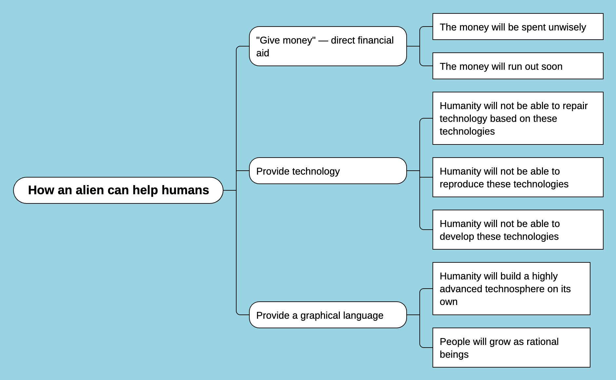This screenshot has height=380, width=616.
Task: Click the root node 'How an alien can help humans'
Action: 118,190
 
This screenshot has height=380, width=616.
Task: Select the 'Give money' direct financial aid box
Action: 328,46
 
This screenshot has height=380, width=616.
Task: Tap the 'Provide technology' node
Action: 328,171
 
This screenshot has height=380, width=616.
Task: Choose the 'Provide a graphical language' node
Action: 328,315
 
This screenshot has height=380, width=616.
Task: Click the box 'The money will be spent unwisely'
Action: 518,27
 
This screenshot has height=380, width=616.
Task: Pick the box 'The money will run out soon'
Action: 518,66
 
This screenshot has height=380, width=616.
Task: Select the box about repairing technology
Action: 518,118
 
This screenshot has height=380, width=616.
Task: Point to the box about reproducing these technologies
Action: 518,177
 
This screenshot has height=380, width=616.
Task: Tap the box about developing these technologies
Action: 518,230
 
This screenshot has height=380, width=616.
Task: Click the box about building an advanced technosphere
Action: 511,289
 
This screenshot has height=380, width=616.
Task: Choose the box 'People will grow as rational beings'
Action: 511,348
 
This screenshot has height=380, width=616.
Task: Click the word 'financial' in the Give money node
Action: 375,40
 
